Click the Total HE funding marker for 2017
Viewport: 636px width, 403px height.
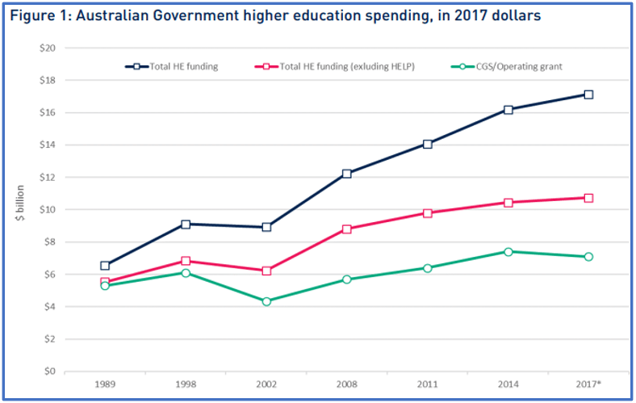pyautogui.click(x=588, y=94)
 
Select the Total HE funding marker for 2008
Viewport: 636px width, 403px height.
pyautogui.click(x=347, y=174)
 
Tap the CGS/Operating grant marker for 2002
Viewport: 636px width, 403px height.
pyautogui.click(x=266, y=301)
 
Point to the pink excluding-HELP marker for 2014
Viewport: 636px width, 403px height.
pyautogui.click(x=508, y=203)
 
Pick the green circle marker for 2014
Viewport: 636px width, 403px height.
pyautogui.click(x=508, y=252)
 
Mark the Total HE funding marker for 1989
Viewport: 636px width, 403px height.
pyautogui.click(x=105, y=266)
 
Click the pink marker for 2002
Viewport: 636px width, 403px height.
pyautogui.click(x=266, y=271)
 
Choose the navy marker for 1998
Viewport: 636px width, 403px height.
pyautogui.click(x=186, y=224)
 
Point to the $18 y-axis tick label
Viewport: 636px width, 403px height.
pyautogui.click(x=46, y=80)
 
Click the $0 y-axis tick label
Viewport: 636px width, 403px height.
pyautogui.click(x=48, y=372)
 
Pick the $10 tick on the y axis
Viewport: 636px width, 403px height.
pyautogui.click(x=46, y=209)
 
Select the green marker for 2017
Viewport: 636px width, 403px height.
pyautogui.click(x=588, y=257)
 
